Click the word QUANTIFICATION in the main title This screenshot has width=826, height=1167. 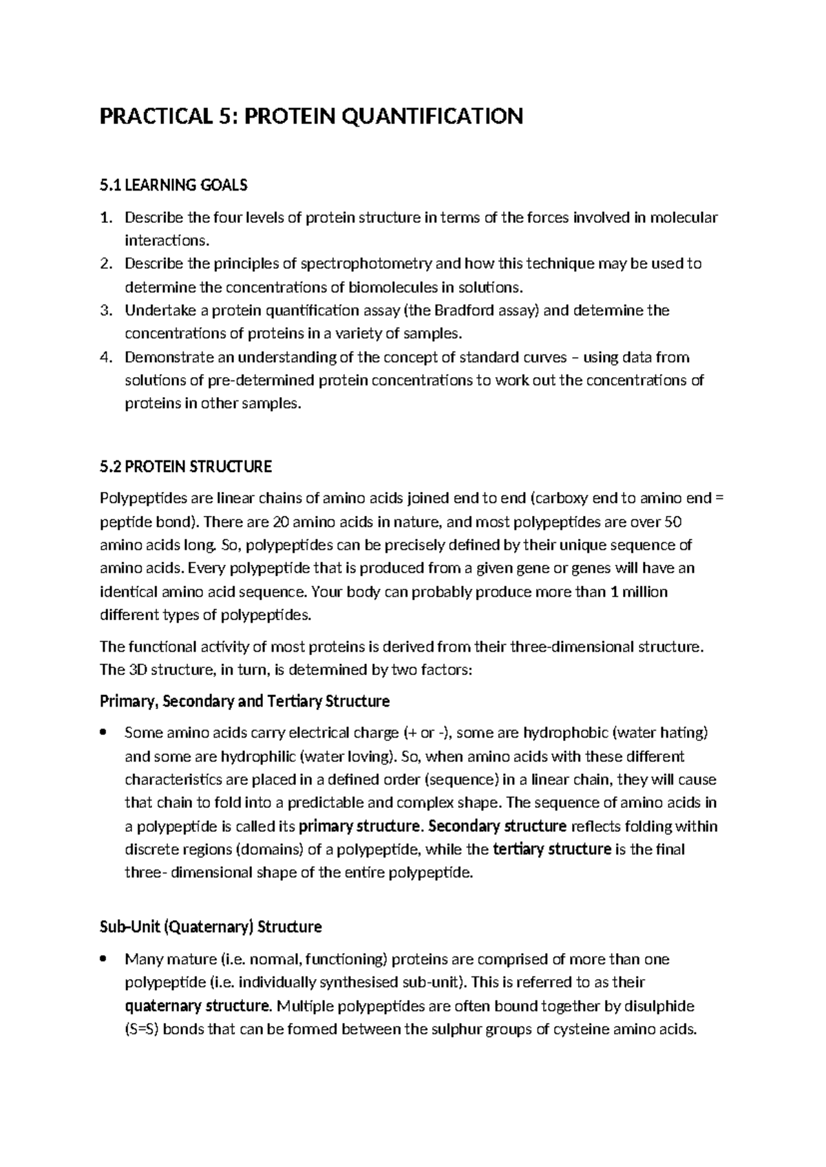point(432,116)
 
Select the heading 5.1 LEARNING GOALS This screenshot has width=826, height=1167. point(173,185)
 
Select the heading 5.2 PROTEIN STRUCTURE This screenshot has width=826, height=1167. point(186,467)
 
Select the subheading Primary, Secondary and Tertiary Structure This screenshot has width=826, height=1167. point(244,702)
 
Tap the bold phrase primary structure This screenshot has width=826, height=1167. point(360,826)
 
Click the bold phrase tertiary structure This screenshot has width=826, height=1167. point(553,850)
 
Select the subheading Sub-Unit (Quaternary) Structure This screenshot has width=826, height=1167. point(211,928)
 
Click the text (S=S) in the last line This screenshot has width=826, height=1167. point(142,1030)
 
